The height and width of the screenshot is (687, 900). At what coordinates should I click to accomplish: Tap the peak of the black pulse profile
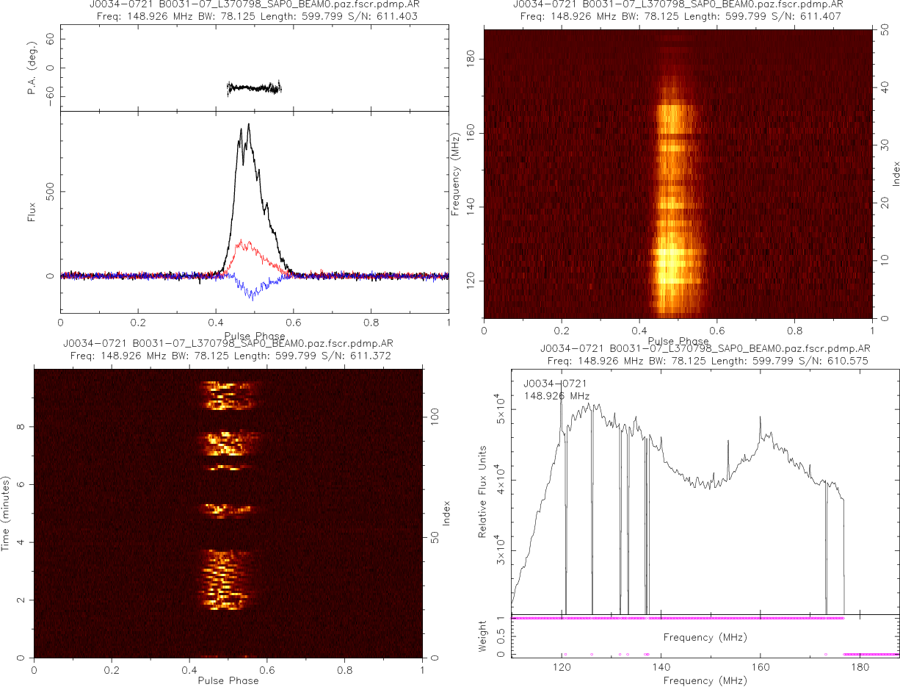click(249, 124)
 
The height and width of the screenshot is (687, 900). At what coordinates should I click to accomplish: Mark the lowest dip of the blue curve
click(252, 299)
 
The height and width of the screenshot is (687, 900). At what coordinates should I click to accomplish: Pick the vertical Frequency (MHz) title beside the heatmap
click(456, 174)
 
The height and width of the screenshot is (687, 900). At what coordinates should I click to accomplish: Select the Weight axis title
click(483, 636)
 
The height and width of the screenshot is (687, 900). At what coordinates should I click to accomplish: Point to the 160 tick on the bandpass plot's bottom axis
click(761, 669)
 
